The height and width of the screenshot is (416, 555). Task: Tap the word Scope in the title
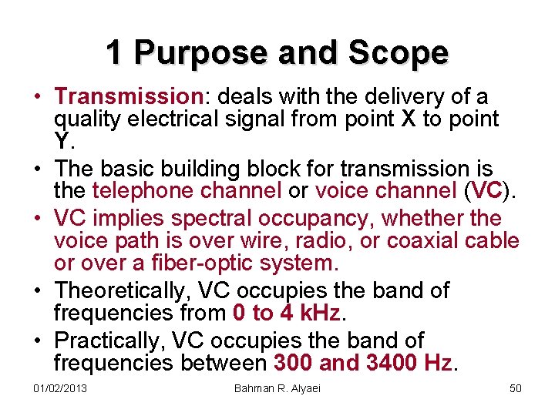(x=399, y=52)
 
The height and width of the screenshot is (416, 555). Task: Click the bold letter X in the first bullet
(x=410, y=119)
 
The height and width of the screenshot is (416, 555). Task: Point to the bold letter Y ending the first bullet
(x=62, y=141)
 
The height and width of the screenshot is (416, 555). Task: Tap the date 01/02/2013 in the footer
(x=60, y=387)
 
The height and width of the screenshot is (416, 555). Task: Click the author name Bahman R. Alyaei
(x=277, y=387)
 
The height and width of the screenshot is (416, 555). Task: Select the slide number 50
(x=516, y=387)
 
